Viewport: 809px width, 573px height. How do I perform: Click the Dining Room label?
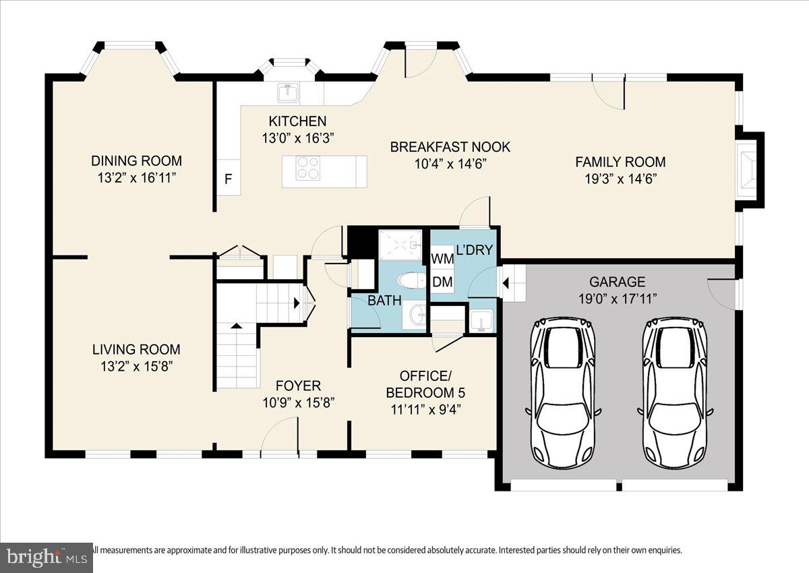(x=137, y=160)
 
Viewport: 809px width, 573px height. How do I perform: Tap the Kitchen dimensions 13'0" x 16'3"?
(x=297, y=138)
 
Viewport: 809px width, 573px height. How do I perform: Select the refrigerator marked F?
(x=228, y=179)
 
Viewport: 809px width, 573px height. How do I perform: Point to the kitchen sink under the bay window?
(x=290, y=92)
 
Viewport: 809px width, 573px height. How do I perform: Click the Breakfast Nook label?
(x=450, y=147)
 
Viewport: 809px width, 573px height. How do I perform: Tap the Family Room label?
(x=620, y=162)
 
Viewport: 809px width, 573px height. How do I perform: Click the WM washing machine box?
(x=442, y=259)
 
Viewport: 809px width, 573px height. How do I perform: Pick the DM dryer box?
(x=442, y=282)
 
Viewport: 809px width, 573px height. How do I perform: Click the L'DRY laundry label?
(x=475, y=250)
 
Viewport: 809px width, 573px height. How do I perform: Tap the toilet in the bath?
(x=409, y=280)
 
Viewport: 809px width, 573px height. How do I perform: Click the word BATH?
(x=384, y=300)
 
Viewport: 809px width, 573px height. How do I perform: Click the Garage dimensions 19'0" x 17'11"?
(x=618, y=298)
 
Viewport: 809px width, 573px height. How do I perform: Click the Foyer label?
(x=297, y=386)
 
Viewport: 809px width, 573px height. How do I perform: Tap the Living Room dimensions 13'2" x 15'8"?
(x=136, y=366)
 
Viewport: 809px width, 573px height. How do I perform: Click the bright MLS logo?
(x=46, y=557)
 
